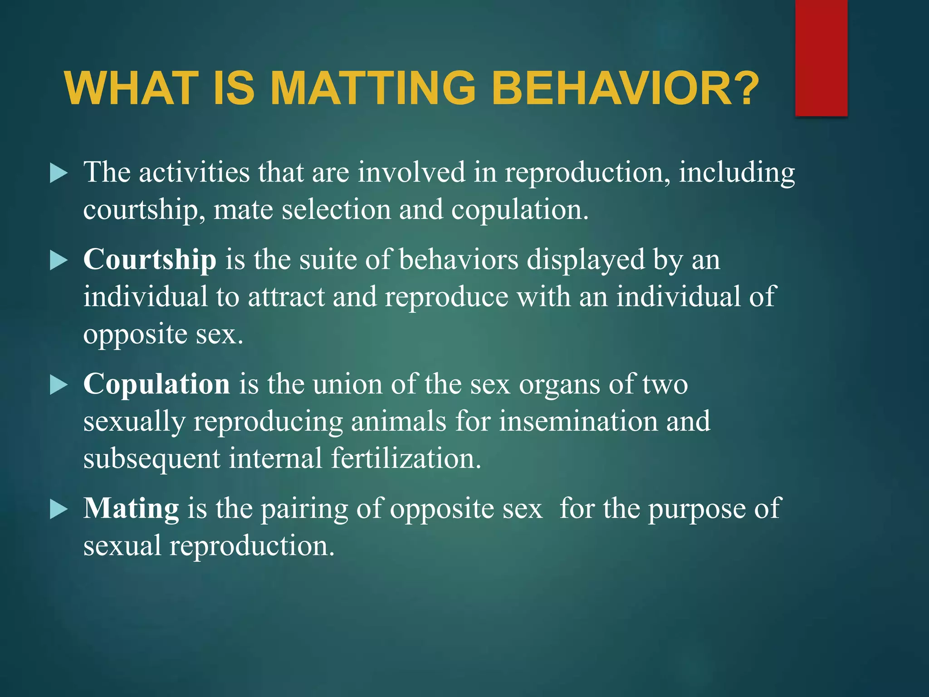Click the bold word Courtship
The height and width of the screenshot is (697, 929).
pos(150,260)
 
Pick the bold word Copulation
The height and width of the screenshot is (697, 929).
pos(156,385)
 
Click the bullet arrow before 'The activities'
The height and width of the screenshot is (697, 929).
pos(59,174)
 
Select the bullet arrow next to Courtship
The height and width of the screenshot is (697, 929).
pos(59,261)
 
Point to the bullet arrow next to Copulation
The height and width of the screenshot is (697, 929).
pos(59,385)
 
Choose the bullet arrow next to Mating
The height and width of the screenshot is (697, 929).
pos(59,509)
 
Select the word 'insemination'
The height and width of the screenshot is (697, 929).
pos(578,422)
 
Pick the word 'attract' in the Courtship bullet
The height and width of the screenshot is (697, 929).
pos(286,298)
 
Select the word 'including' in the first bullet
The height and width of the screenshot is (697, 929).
pos(737,174)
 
